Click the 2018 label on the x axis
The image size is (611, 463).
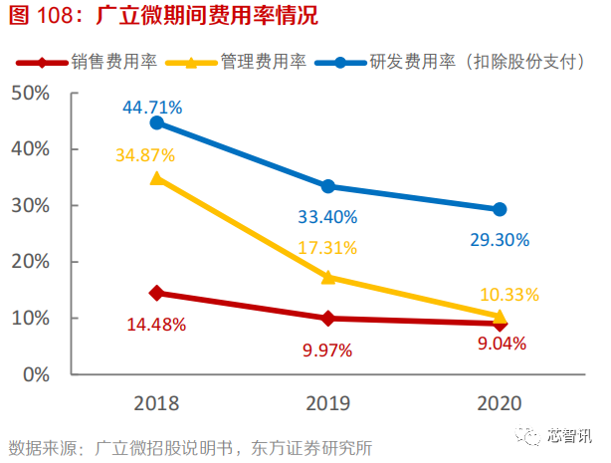[155, 402]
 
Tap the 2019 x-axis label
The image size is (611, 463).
[327, 402]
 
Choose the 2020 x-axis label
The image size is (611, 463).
[500, 402]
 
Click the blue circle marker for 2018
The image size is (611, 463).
[156, 122]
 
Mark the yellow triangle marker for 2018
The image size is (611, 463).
[156, 178]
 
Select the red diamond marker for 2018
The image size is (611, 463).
[156, 293]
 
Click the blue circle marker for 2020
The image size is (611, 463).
[500, 209]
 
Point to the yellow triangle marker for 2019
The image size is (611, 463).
[327, 277]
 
